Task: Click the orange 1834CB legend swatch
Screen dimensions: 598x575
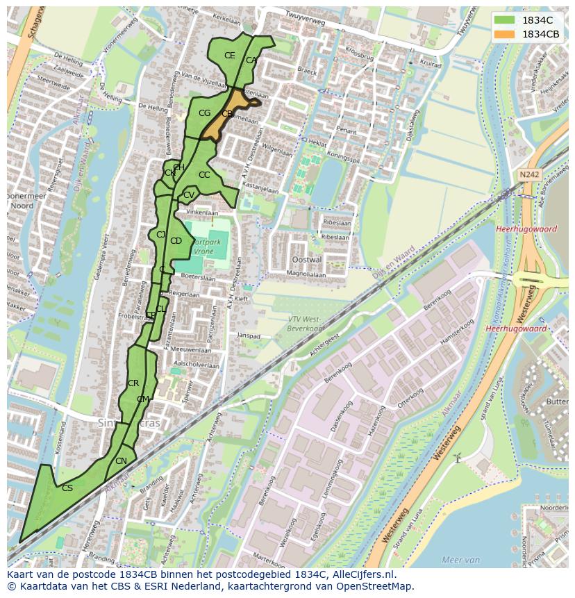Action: pyautogui.click(x=505, y=34)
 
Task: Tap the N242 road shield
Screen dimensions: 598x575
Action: pyautogui.click(x=528, y=175)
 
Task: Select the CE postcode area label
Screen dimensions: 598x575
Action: pyautogui.click(x=230, y=56)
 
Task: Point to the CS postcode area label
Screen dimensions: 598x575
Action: pyautogui.click(x=67, y=488)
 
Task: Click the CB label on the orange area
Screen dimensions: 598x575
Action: pyautogui.click(x=227, y=113)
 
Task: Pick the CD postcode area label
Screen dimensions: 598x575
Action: pyautogui.click(x=176, y=241)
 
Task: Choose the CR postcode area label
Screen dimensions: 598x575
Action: pyautogui.click(x=133, y=383)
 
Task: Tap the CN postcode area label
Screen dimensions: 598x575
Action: pyautogui.click(x=121, y=461)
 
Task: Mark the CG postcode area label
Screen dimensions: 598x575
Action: pyautogui.click(x=204, y=113)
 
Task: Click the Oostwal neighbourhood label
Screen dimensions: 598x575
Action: pyautogui.click(x=308, y=259)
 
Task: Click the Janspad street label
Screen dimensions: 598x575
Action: pyautogui.click(x=249, y=335)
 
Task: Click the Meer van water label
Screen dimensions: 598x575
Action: pyautogui.click(x=461, y=560)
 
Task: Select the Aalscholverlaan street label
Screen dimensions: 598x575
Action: pyautogui.click(x=196, y=365)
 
